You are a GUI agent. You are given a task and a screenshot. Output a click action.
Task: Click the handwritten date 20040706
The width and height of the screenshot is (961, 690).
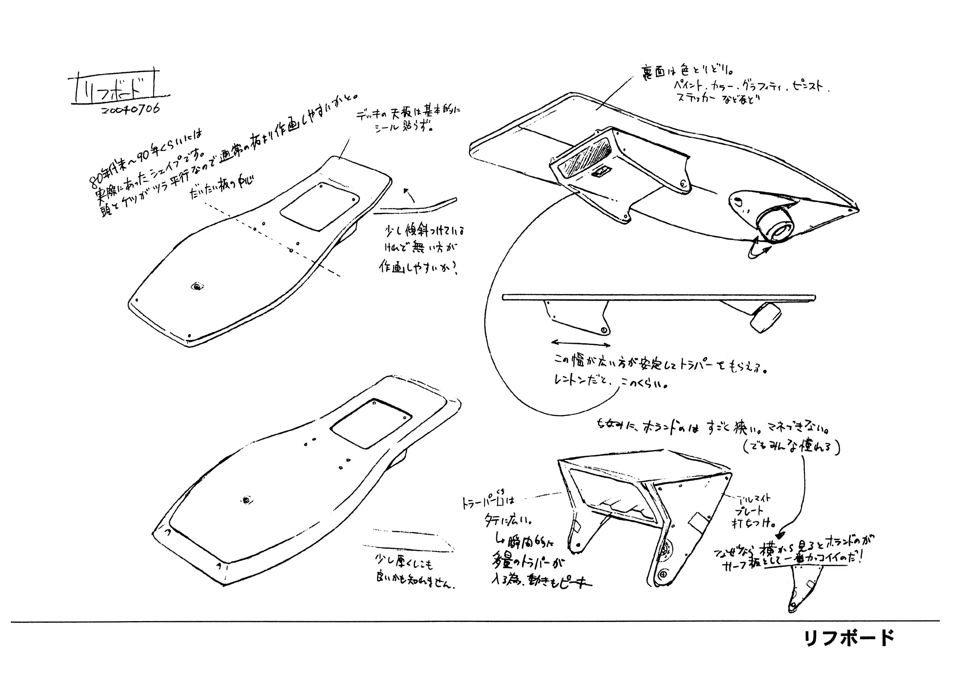[131, 109]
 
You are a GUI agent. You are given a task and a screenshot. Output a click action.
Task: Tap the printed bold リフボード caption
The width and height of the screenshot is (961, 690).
[849, 638]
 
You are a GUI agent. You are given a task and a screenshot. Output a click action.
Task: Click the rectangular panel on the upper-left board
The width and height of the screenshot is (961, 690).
[320, 206]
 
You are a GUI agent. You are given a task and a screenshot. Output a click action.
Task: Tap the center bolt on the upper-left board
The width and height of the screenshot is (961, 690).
[197, 287]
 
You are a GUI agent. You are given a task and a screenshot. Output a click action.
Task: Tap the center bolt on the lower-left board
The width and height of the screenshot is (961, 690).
[246, 500]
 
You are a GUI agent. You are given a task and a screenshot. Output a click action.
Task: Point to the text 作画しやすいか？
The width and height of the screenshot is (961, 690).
[417, 267]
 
